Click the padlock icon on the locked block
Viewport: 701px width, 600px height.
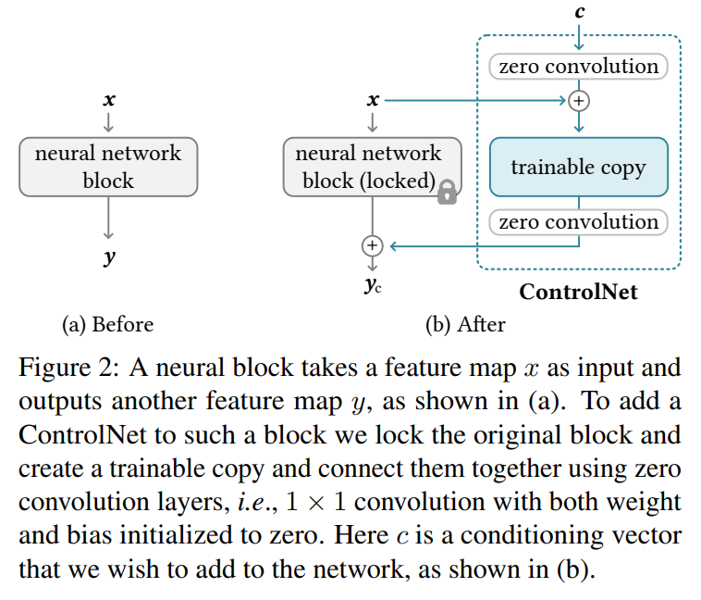(448, 192)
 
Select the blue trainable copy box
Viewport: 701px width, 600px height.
(578, 167)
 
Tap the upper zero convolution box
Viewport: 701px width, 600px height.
(578, 67)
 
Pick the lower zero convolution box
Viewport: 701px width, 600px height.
(578, 222)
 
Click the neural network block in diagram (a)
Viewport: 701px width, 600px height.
(108, 167)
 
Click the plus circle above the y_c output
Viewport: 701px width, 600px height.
(372, 245)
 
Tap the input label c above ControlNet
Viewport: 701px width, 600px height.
(579, 12)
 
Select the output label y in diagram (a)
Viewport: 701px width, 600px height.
(109, 257)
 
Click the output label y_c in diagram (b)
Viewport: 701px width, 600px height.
(373, 285)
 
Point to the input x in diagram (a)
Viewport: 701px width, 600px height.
(109, 99)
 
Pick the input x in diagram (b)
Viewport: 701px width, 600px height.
(373, 99)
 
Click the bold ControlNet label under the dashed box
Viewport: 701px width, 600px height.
(578, 293)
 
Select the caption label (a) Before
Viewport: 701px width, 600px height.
(107, 325)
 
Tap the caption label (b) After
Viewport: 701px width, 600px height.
(465, 325)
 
